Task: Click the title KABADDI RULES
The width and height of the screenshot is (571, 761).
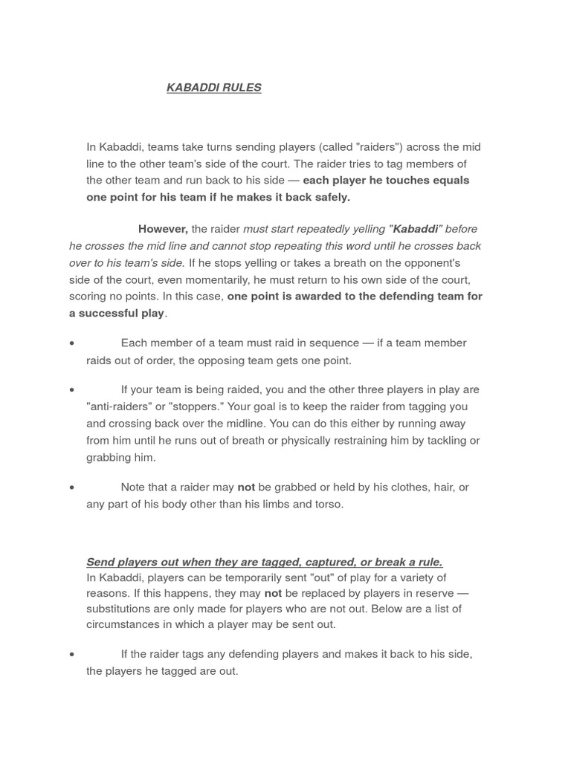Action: tap(214, 88)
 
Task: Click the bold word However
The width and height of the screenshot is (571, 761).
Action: tap(163, 229)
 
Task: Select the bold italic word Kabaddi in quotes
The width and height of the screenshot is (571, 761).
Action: tap(416, 229)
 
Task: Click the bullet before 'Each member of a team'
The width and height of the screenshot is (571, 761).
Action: tap(71, 343)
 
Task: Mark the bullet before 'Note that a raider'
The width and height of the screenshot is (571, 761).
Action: tap(71, 488)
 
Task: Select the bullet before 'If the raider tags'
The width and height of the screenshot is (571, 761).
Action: tap(71, 655)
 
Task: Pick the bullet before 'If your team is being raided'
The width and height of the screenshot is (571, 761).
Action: tap(71, 390)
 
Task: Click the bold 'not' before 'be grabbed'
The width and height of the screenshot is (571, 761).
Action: tap(246, 488)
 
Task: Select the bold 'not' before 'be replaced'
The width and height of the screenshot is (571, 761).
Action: tap(273, 593)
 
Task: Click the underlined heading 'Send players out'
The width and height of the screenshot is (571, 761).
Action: tap(264, 562)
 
